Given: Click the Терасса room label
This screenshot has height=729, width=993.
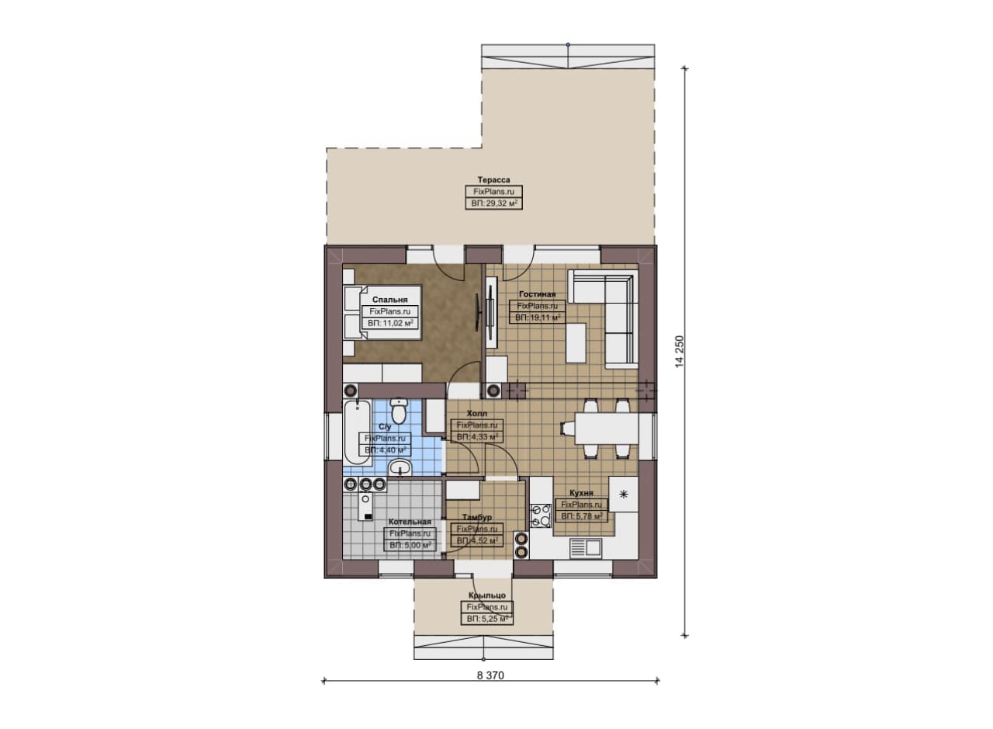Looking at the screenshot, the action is [493, 179].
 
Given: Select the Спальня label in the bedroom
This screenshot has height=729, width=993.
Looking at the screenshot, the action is [389, 300].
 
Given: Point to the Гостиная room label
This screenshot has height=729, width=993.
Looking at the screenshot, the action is [537, 294].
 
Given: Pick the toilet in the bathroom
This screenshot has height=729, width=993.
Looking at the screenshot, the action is [399, 411].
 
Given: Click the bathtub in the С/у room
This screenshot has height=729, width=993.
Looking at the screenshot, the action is [358, 432].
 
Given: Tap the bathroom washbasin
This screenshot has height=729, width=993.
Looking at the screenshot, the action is [400, 467].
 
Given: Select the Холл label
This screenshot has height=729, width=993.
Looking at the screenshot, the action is [477, 414].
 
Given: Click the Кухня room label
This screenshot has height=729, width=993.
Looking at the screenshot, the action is [581, 493].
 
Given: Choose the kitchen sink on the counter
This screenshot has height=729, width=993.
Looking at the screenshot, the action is [585, 547].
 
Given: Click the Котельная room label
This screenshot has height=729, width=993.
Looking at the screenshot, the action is [410, 522].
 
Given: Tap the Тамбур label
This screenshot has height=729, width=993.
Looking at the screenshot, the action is [477, 517].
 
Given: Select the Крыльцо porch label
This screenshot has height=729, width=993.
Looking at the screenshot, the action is [486, 595].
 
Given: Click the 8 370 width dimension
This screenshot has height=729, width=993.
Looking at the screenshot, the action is [490, 675].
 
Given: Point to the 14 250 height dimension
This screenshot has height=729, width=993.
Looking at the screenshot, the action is [680, 352].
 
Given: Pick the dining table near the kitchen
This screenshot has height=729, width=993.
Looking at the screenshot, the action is [607, 429].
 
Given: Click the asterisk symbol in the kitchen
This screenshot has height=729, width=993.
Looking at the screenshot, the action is [623, 495].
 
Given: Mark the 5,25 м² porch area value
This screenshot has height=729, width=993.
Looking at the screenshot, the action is [486, 619].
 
